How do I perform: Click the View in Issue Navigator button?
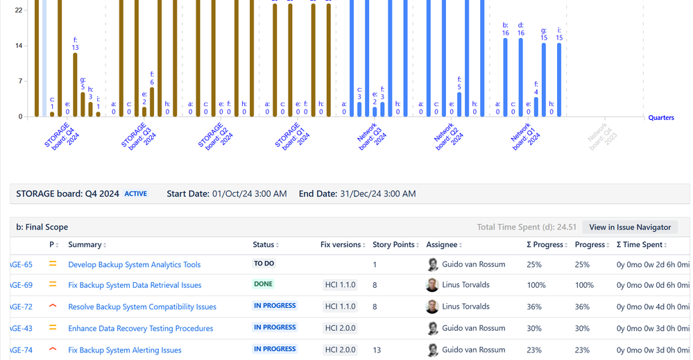[x=630, y=227]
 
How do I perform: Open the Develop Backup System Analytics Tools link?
[x=134, y=264]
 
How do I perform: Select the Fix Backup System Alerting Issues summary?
[x=124, y=350]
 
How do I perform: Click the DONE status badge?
[x=264, y=284]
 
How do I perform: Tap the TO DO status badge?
[x=264, y=264]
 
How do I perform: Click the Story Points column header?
[x=393, y=245]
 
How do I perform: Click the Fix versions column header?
[x=341, y=245]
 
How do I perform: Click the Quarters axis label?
[x=661, y=118]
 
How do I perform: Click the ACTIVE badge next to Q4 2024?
[x=136, y=194]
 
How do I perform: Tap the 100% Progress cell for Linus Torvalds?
[x=584, y=285]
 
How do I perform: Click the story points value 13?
[x=377, y=350]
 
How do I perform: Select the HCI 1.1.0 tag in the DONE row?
[x=339, y=285]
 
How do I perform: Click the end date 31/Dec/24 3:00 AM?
[x=378, y=194]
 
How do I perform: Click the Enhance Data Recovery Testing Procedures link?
[x=140, y=328]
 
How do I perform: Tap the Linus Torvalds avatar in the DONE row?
[x=432, y=285]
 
